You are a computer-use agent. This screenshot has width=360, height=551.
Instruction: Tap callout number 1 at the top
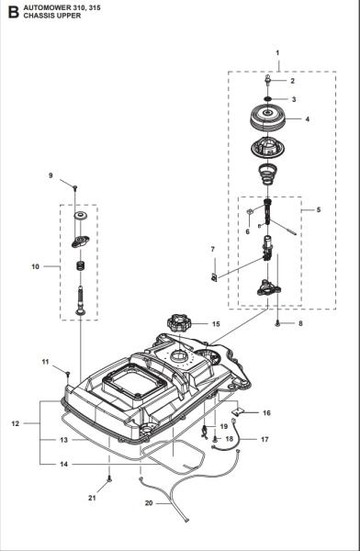coord(277,54)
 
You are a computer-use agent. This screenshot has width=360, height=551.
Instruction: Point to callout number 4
coord(307,118)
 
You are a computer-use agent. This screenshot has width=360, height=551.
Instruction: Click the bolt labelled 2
coord(268,83)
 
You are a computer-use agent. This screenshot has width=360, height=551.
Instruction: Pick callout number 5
coord(318,210)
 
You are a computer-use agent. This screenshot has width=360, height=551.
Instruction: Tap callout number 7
coord(213,249)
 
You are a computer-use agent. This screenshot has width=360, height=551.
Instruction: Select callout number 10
coord(34,267)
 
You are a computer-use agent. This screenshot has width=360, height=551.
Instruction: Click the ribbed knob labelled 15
coord(176,324)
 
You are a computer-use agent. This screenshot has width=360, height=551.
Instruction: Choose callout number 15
coord(216,324)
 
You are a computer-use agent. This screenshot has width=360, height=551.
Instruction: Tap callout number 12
coord(16,423)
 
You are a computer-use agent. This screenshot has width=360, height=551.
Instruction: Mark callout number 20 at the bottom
coord(148,504)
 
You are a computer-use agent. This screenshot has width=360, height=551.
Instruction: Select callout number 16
coord(266,413)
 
